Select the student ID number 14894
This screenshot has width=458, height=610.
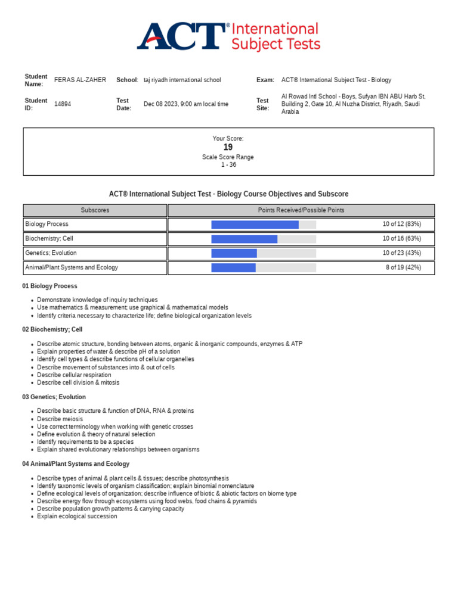coord(63,104)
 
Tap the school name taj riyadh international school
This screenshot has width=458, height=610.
coord(182,80)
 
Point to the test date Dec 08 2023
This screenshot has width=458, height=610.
coord(185,104)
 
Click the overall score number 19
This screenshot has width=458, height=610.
coord(228,147)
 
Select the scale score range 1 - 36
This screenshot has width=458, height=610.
coord(228,165)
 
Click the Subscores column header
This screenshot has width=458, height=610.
coord(95,210)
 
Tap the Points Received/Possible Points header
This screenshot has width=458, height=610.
coord(301,210)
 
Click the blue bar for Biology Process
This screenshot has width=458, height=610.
coord(255,225)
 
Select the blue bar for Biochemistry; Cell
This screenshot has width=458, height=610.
coord(244,239)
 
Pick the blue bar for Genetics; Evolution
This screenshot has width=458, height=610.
coord(234,253)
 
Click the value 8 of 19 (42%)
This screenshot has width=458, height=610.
coord(403,267)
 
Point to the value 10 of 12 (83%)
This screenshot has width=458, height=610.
coord(401,225)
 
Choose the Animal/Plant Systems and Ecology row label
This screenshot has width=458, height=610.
coord(72,267)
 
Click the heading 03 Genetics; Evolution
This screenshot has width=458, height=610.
coord(54,397)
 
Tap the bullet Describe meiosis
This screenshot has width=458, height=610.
coord(60,419)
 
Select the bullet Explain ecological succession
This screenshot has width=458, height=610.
coord(77,516)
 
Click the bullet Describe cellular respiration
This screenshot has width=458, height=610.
coord(74,375)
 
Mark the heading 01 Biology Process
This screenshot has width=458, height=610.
coord(49,286)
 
